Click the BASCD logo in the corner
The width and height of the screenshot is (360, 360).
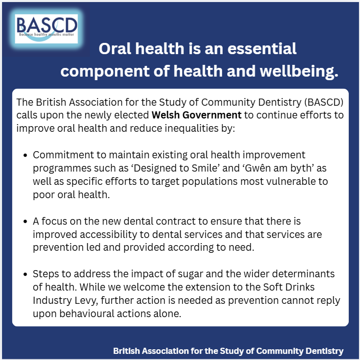[x=46, y=29]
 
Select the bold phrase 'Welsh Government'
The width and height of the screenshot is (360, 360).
[x=197, y=115]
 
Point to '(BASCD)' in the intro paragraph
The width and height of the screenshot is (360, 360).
[x=324, y=102]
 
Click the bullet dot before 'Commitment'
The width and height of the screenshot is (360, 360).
[x=25, y=155]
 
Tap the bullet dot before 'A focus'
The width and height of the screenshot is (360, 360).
[x=25, y=222]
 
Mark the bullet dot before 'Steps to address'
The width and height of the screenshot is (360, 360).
[x=25, y=274]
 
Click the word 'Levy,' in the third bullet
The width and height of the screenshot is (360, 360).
[x=86, y=301]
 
